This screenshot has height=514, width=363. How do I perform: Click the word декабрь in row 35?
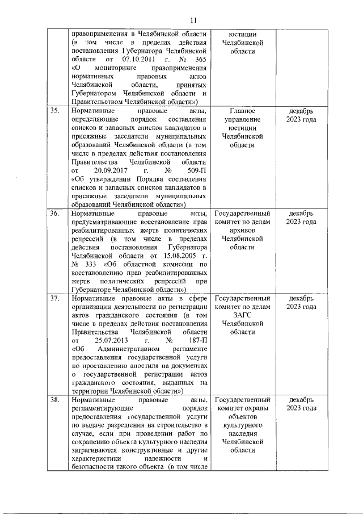pos(301,110)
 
